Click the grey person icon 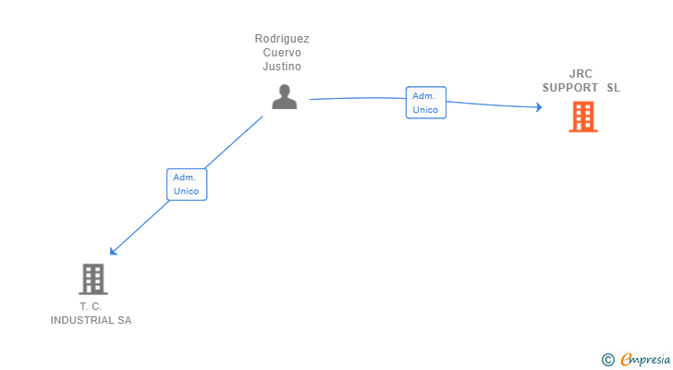(285, 96)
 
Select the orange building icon (582, 117)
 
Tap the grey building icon (92, 278)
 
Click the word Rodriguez (282, 39)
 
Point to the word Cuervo (282, 53)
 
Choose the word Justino (282, 67)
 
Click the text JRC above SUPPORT (581, 74)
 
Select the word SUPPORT (570, 88)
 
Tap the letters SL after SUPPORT (614, 88)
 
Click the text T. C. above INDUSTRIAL (91, 306)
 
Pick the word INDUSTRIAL (81, 320)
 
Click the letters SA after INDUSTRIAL (124, 320)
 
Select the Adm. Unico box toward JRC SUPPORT (425, 103)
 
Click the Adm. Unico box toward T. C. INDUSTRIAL (186, 184)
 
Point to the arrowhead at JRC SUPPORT (538, 107)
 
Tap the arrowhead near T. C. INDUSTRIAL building (113, 251)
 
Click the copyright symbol (608, 360)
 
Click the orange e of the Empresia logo (627, 360)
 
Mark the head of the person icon (285, 90)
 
